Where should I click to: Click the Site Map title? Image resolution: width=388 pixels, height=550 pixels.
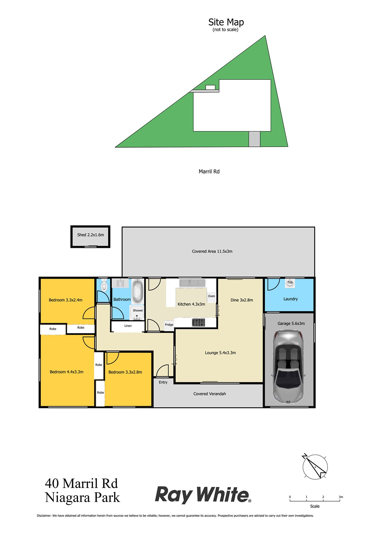[x=226, y=22]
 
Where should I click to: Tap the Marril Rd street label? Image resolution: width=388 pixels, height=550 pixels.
[x=209, y=172]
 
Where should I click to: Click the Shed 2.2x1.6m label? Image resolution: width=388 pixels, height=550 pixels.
[x=90, y=235]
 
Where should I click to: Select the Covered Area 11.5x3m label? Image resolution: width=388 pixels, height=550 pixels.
[x=212, y=251]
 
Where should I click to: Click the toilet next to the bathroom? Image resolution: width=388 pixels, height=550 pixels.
[x=104, y=286]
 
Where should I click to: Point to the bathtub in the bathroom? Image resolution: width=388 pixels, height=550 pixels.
[x=138, y=291]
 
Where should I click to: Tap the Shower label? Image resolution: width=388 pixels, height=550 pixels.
[x=138, y=310]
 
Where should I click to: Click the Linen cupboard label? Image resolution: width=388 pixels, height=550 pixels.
[x=128, y=326]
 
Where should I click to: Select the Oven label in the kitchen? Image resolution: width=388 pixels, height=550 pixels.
[x=211, y=296]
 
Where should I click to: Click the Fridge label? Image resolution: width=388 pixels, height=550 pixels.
[x=169, y=325]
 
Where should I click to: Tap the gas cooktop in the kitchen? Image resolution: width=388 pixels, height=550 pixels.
[x=199, y=323]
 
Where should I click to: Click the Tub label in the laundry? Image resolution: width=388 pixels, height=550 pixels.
[x=290, y=282]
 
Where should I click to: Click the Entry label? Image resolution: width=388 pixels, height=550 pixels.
[x=163, y=382]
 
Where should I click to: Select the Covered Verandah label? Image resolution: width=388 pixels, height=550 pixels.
[x=210, y=394]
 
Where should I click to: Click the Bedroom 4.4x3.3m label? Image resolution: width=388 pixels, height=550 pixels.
[x=66, y=372]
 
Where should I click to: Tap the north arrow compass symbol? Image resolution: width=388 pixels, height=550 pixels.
[x=315, y=466]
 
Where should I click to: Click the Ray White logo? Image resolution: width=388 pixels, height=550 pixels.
[x=203, y=495]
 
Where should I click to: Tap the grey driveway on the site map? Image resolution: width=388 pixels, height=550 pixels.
[x=255, y=139]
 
